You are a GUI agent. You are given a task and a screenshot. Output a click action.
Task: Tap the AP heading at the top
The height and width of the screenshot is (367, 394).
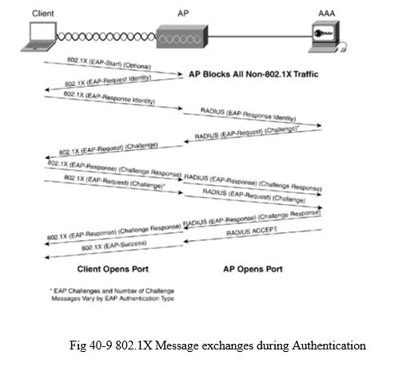click(183, 14)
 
